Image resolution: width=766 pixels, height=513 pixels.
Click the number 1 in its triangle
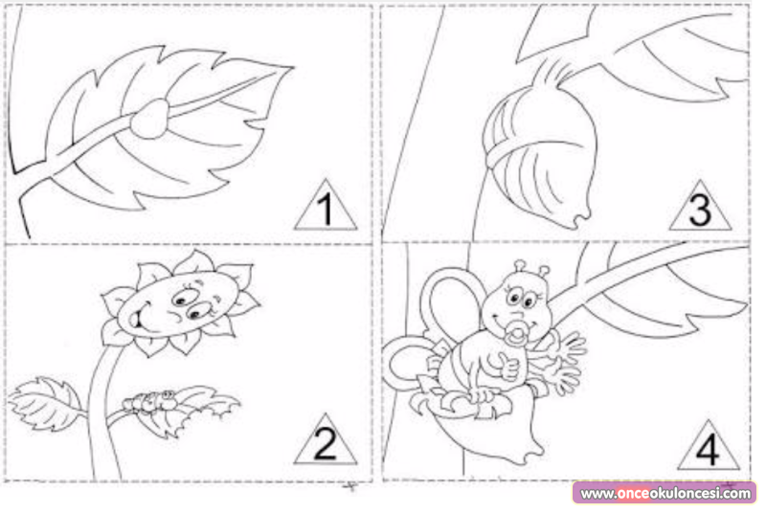click(326, 210)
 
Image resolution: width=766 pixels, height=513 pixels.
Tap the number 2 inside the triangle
click(326, 444)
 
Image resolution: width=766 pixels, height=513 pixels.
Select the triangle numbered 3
click(700, 207)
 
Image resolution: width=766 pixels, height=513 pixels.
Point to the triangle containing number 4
click(708, 446)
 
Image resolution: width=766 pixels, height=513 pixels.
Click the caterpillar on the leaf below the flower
click(149, 401)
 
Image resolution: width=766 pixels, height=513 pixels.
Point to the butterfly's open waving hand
click(567, 361)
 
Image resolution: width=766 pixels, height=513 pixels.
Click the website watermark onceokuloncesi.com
click(665, 494)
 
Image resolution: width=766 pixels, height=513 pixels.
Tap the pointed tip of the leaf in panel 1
click(294, 68)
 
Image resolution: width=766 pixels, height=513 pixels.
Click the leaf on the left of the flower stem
click(45, 403)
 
